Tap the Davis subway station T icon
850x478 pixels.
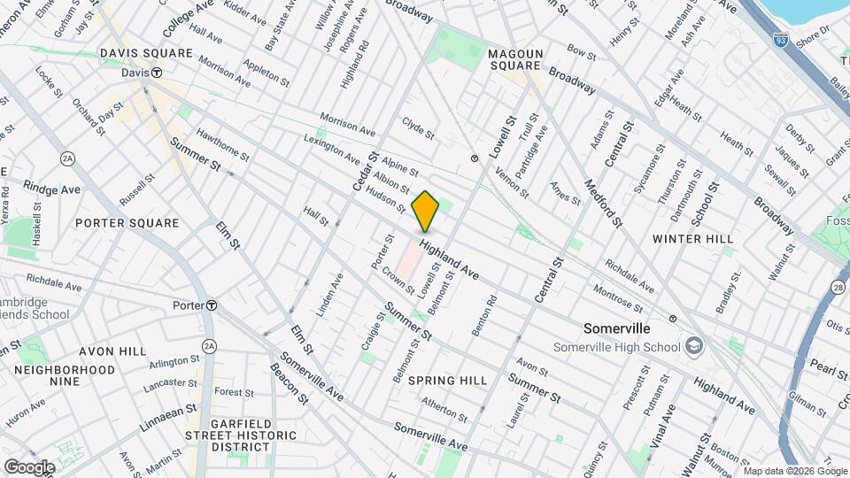156,73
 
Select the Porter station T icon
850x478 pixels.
211,305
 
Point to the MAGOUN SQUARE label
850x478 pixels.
514,59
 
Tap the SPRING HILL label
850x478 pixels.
447,380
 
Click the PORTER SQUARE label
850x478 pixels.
127,223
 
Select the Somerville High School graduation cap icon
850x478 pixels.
693,345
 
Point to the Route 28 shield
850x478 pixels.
837,286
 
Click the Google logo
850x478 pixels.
29,466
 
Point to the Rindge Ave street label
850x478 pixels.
53,189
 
